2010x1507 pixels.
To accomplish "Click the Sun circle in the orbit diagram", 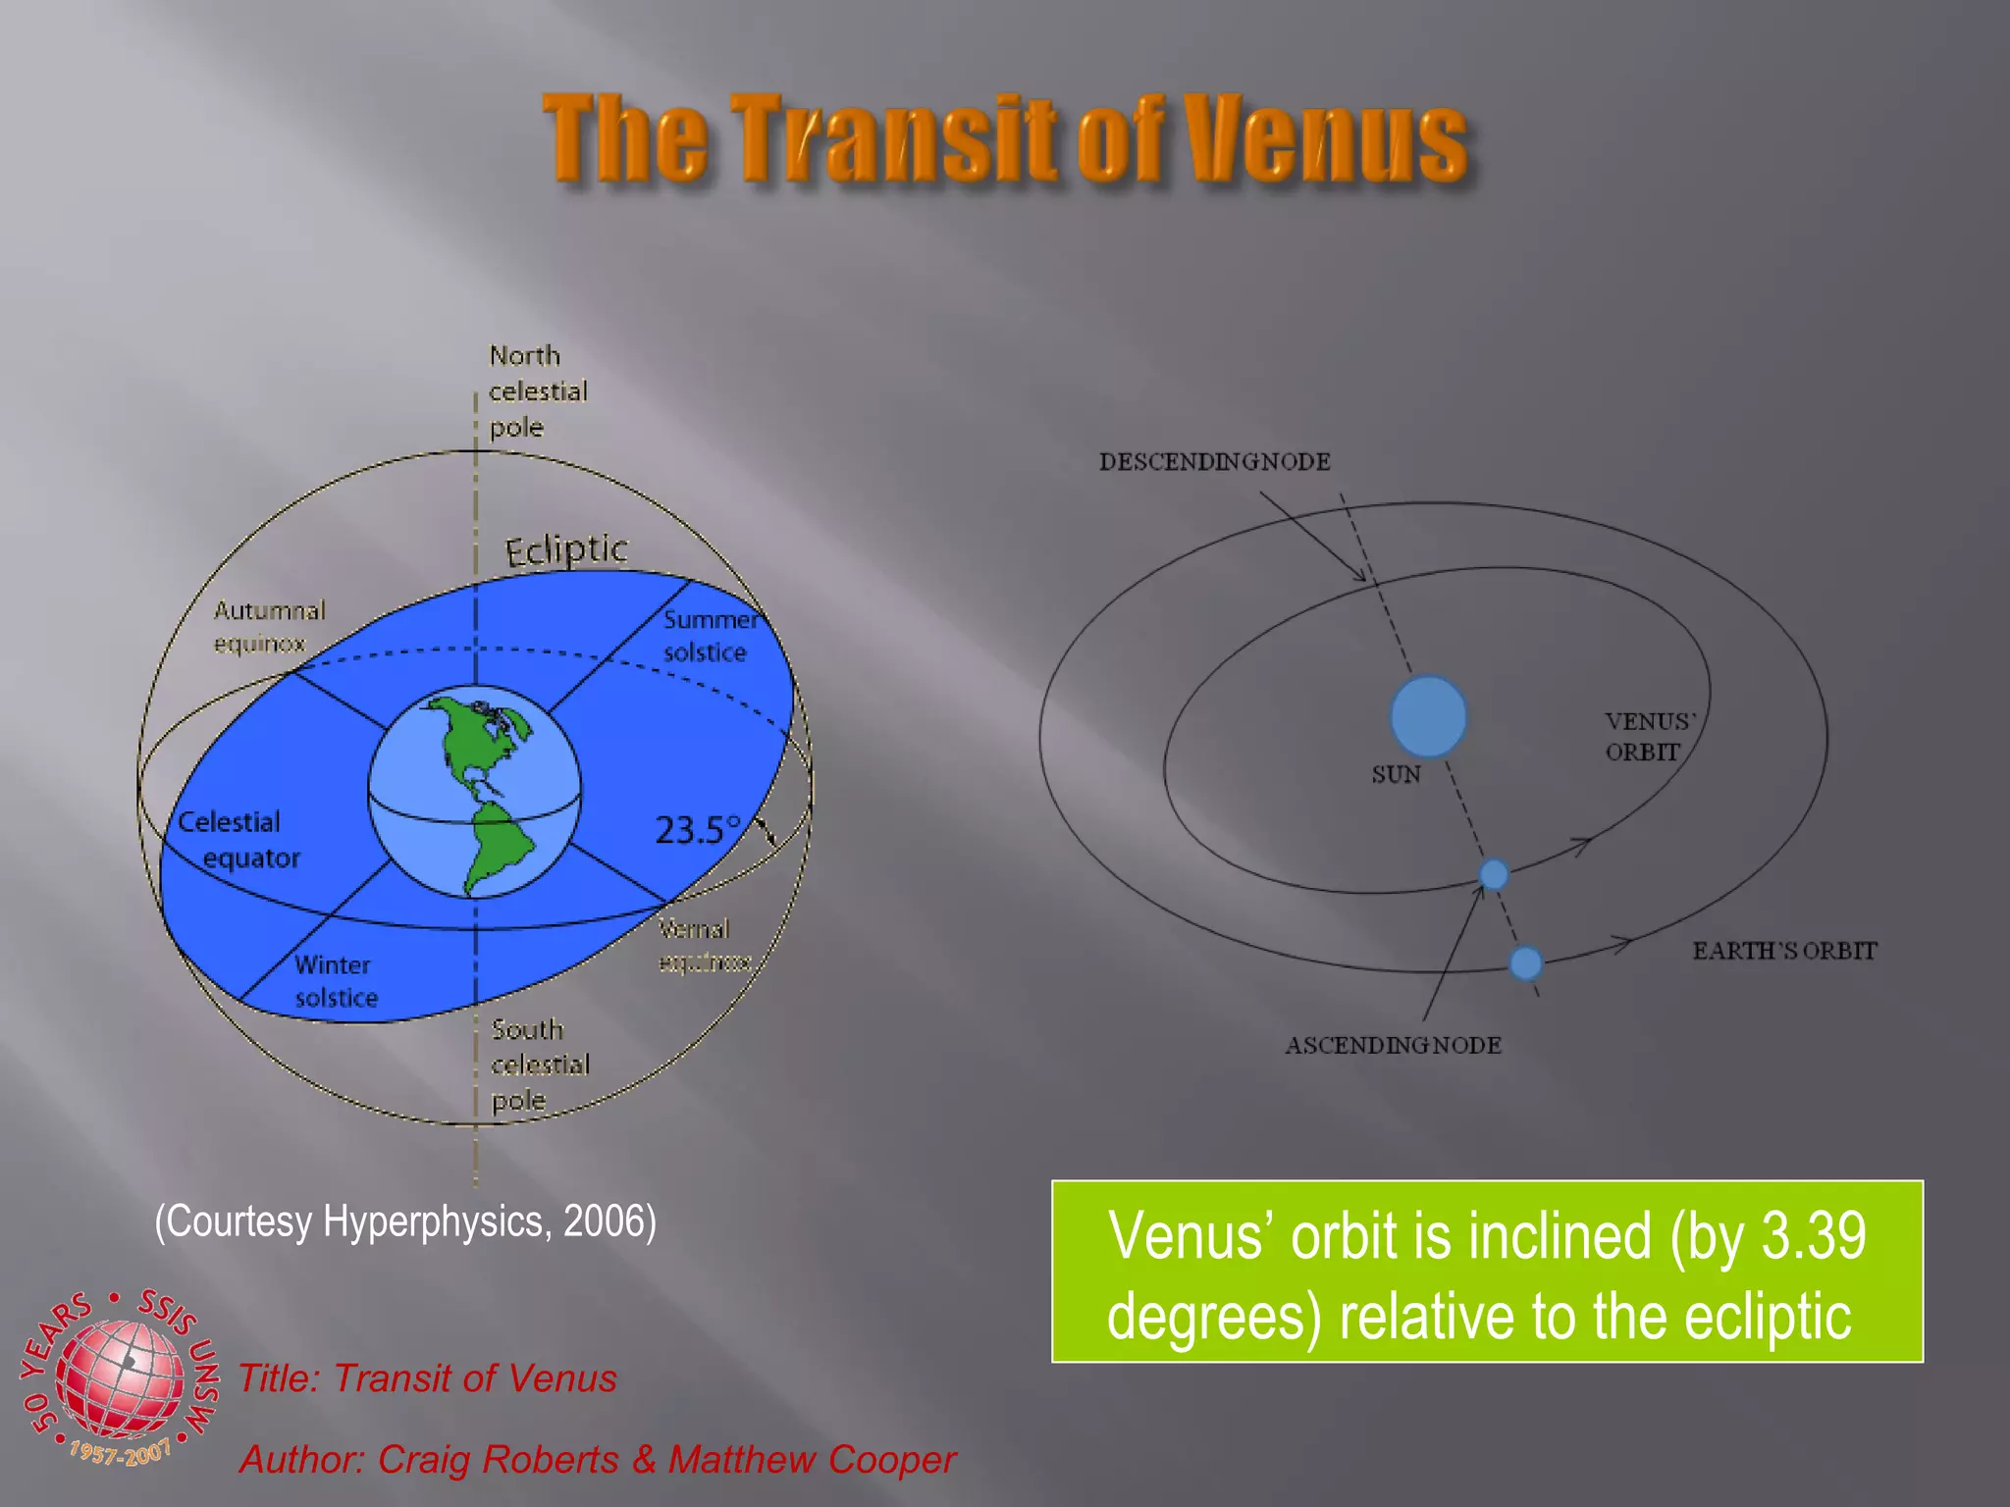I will [x=1428, y=716].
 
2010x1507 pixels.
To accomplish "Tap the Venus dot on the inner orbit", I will [x=1493, y=873].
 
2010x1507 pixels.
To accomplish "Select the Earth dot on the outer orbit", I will [x=1525, y=962].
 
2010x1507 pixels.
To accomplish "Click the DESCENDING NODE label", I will [x=1214, y=461].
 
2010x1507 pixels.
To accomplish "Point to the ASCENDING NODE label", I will [x=1393, y=1045].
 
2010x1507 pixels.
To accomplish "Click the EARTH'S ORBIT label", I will [x=1783, y=951].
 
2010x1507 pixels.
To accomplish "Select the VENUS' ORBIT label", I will [x=1649, y=736].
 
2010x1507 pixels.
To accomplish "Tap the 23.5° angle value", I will [x=697, y=830].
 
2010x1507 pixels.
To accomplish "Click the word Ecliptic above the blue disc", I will [x=566, y=549].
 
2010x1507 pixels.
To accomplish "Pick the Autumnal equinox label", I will [x=268, y=627].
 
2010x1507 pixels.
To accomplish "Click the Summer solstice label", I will [x=710, y=636].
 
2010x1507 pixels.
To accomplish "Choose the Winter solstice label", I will [x=335, y=981].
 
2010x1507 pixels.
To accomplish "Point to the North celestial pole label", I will [x=537, y=390].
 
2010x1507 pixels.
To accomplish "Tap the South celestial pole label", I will [x=539, y=1065].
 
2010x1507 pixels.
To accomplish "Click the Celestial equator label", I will [x=236, y=840].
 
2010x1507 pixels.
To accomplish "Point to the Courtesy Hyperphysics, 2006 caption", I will [x=405, y=1221].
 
